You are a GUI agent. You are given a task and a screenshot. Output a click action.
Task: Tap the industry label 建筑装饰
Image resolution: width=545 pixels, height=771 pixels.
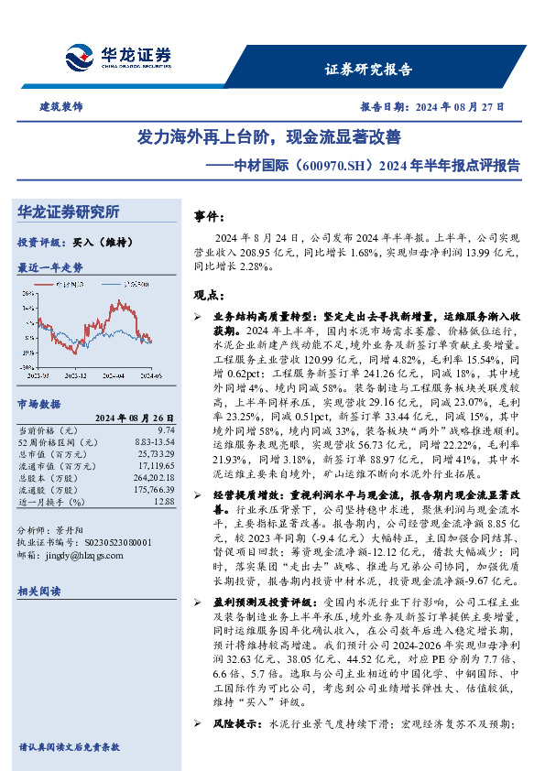point(60,106)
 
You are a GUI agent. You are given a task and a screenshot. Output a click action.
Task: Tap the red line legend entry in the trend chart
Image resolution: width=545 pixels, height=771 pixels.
point(70,285)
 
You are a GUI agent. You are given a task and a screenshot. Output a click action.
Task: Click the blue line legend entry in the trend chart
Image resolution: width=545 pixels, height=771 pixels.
point(134,285)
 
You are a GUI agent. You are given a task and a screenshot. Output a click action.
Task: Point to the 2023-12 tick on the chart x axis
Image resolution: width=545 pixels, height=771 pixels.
point(77,376)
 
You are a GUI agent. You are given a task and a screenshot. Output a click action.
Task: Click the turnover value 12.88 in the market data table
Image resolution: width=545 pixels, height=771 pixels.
point(164,502)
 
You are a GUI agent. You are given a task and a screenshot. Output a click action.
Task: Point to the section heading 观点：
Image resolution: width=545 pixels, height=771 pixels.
point(209,295)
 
